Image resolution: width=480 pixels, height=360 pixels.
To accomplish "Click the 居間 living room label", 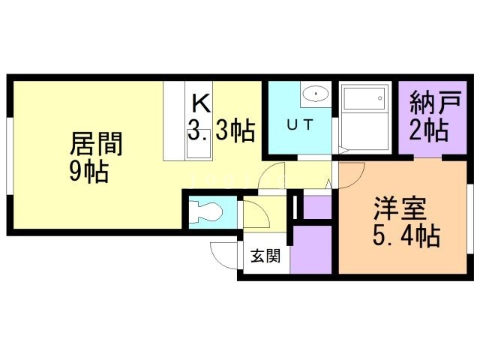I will pyautogui.click(x=96, y=142).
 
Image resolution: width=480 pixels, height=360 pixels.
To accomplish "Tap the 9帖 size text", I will pyautogui.click(x=88, y=172).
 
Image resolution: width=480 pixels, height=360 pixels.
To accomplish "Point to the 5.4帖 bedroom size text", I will pyautogui.click(x=405, y=237).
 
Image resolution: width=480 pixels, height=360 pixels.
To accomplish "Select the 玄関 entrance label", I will pyautogui.click(x=265, y=256).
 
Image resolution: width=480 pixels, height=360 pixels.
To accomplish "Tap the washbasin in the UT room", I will pyautogui.click(x=316, y=94).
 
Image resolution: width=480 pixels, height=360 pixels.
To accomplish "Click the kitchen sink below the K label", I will pyautogui.click(x=198, y=148).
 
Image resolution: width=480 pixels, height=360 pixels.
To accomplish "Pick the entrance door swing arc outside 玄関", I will pyautogui.click(x=223, y=255).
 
